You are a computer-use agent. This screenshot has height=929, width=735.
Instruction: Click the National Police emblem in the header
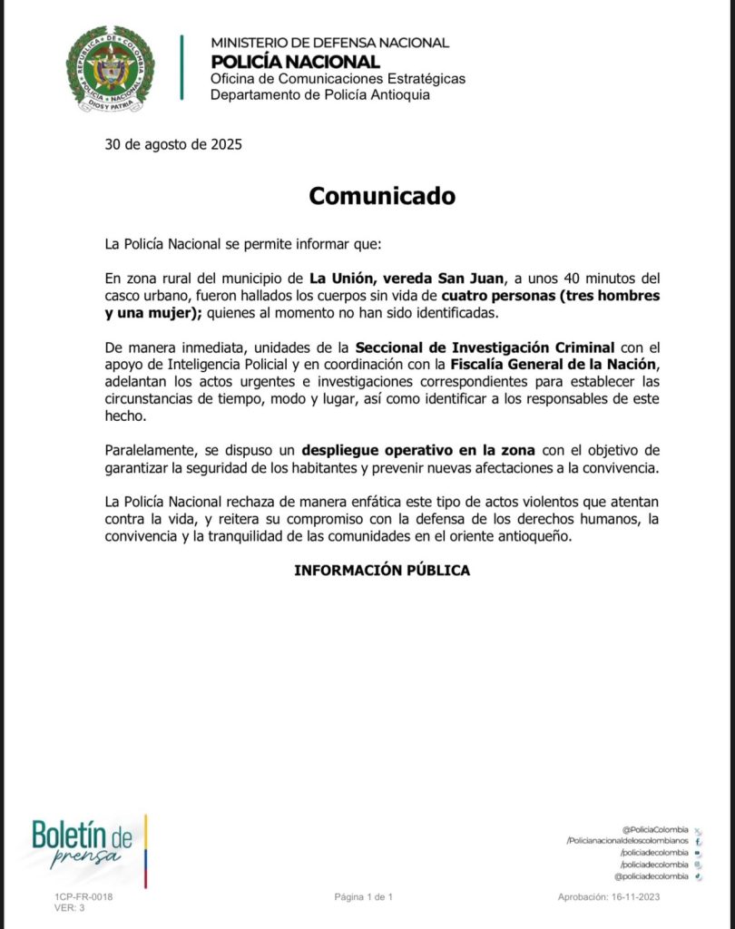tap(110, 68)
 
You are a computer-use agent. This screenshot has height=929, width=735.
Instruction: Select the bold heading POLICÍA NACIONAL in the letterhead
tap(295, 62)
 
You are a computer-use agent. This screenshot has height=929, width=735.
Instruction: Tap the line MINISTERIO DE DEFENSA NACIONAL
tap(329, 43)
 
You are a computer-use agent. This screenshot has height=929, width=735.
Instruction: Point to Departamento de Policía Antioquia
tap(320, 94)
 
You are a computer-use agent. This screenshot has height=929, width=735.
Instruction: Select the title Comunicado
tap(381, 196)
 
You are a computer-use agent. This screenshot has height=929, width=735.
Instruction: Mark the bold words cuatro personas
tap(492, 296)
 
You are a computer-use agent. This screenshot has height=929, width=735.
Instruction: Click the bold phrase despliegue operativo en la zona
tap(419, 451)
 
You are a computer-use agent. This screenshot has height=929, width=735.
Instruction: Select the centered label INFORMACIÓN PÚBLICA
tap(382, 571)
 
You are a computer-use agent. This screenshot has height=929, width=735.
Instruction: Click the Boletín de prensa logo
tap(88, 842)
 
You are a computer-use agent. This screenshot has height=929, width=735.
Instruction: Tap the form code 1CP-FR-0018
tap(83, 896)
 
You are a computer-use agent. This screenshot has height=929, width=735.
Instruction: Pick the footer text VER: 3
tap(70, 907)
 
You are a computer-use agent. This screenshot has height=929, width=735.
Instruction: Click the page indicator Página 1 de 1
tap(363, 896)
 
